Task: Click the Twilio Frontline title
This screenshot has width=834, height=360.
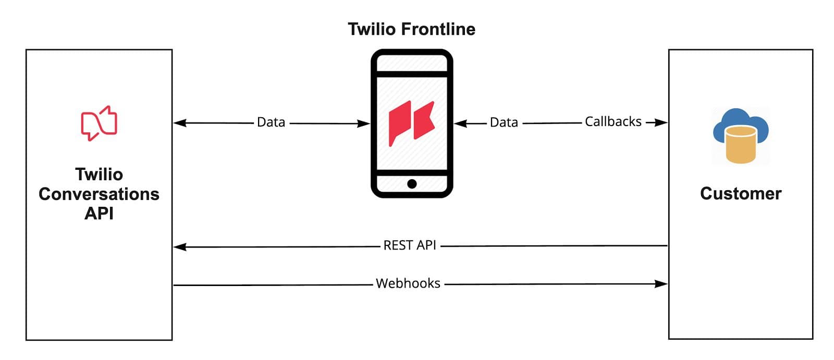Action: tap(411, 29)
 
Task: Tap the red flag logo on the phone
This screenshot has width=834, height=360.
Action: tap(411, 123)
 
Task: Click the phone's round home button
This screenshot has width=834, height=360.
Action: tap(412, 183)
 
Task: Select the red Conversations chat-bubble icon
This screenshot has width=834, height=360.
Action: tap(99, 123)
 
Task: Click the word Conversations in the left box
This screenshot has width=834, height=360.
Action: tap(99, 194)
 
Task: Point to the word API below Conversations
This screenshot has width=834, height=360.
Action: tap(99, 214)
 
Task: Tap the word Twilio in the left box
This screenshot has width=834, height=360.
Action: tap(99, 174)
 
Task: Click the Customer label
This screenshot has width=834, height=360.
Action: tap(741, 193)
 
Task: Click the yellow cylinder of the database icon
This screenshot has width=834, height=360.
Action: tap(741, 146)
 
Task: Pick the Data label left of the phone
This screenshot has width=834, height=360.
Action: tap(271, 122)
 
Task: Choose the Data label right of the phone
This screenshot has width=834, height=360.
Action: tap(504, 122)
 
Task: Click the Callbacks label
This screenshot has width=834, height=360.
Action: tap(613, 122)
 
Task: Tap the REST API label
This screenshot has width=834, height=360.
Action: tap(410, 245)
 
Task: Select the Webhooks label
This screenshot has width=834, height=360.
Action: tap(408, 283)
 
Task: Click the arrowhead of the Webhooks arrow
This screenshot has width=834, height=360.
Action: tap(661, 284)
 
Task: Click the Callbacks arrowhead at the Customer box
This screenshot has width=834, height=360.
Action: tap(661, 122)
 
